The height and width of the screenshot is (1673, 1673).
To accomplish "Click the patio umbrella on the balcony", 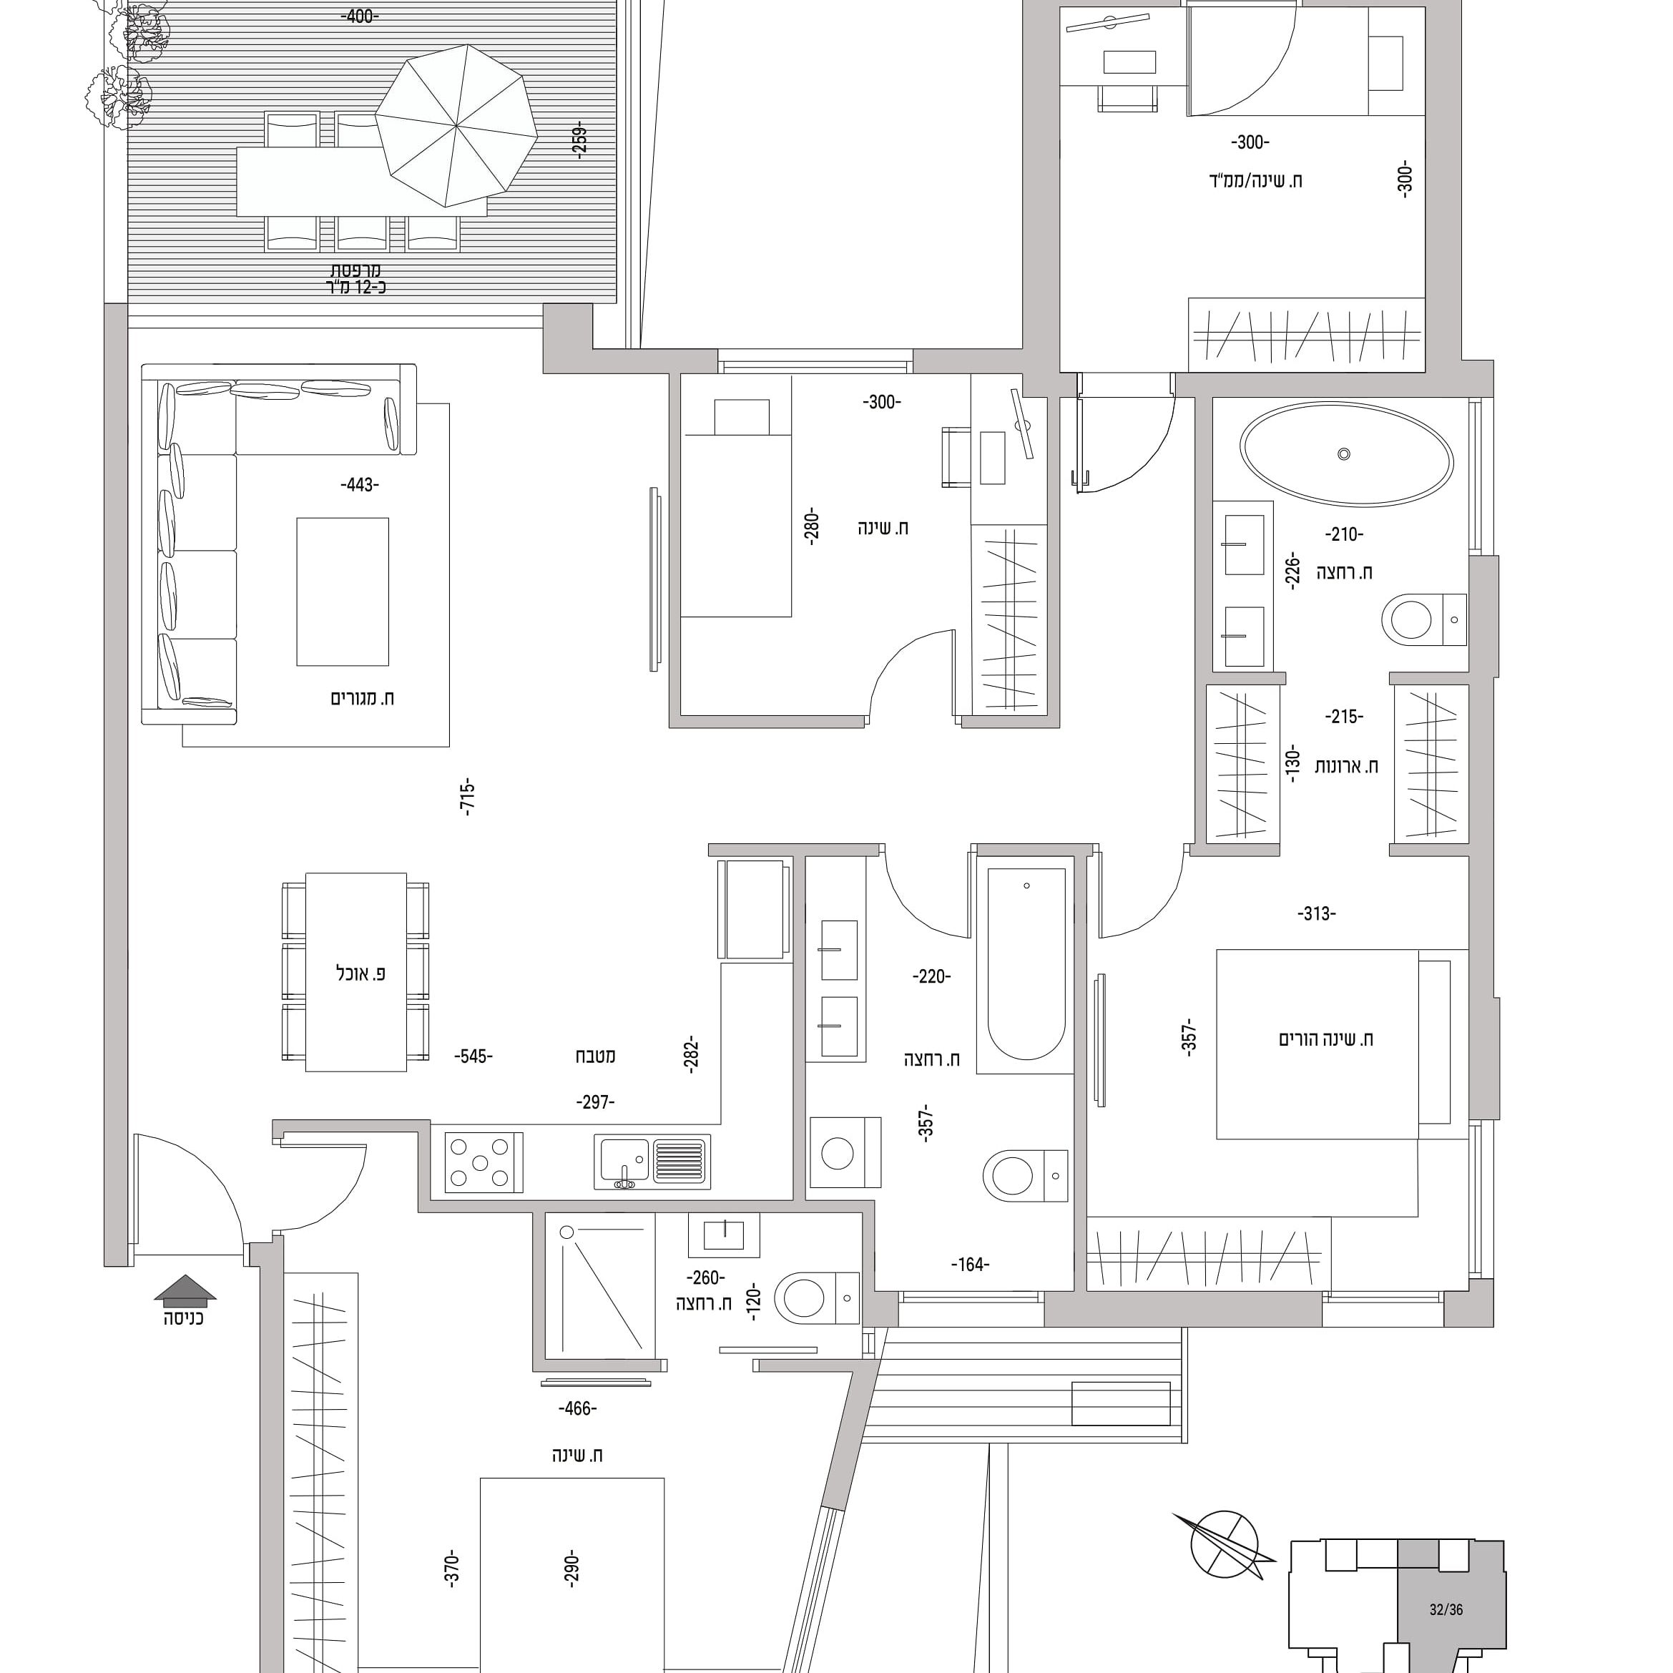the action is [456, 126].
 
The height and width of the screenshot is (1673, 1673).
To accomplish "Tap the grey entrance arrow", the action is [185, 1290].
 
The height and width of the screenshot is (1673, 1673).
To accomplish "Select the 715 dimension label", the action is [468, 798].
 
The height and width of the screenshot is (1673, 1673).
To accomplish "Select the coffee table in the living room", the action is [342, 592].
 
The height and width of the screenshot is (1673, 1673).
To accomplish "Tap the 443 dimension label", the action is [359, 485].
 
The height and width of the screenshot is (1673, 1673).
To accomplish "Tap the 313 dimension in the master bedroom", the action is [1316, 913].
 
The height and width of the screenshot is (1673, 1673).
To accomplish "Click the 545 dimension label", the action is [473, 1056].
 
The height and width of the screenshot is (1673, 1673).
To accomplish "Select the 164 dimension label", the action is [970, 1265].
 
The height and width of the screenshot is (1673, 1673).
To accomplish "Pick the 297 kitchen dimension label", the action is [595, 1102].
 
